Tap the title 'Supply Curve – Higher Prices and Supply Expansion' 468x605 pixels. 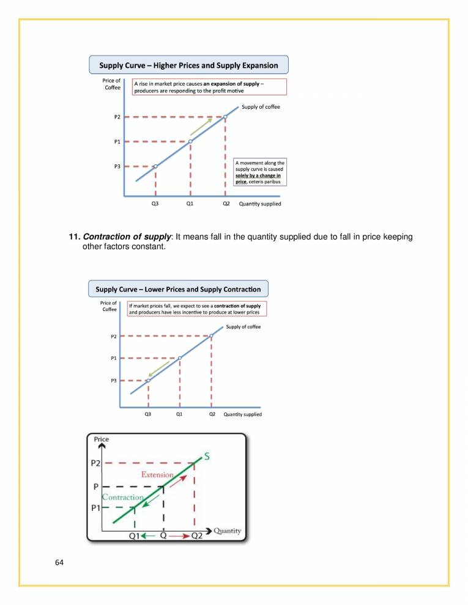pyautogui.click(x=188, y=65)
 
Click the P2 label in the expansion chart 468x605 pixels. pyautogui.click(x=116, y=117)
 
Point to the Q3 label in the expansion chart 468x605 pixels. pyautogui.click(x=155, y=204)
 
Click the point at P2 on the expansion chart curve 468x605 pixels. pyautogui.click(x=226, y=117)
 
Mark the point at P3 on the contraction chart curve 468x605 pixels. pyautogui.click(x=148, y=380)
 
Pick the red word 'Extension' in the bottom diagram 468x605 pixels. pyautogui.click(x=157, y=474)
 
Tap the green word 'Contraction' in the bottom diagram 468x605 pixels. pyautogui.click(x=122, y=497)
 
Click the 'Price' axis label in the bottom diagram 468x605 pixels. pyautogui.click(x=102, y=439)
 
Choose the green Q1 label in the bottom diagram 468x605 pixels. pyautogui.click(x=137, y=536)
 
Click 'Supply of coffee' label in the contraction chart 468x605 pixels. pyautogui.click(x=243, y=327)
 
